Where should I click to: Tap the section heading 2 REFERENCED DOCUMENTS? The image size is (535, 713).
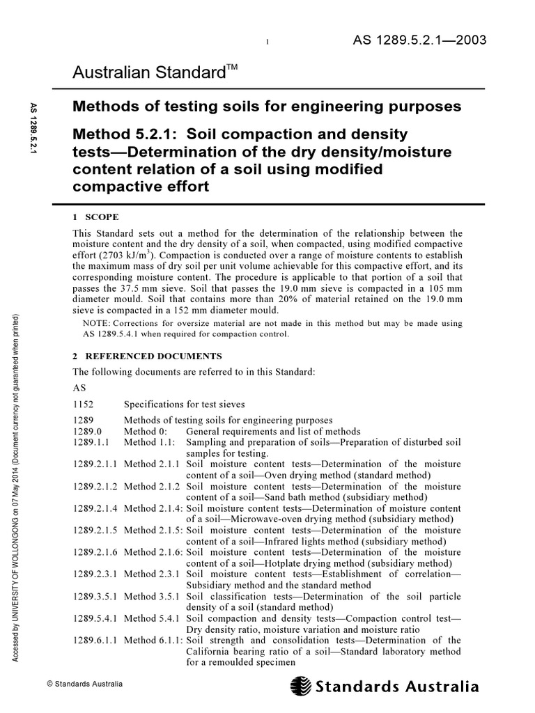click(148, 356)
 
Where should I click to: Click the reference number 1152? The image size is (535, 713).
click(84, 404)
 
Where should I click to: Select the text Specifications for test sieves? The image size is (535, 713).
click(184, 404)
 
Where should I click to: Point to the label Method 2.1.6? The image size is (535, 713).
click(153, 552)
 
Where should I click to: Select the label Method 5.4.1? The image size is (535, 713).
click(152, 618)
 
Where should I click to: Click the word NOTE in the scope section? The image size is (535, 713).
click(95, 323)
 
